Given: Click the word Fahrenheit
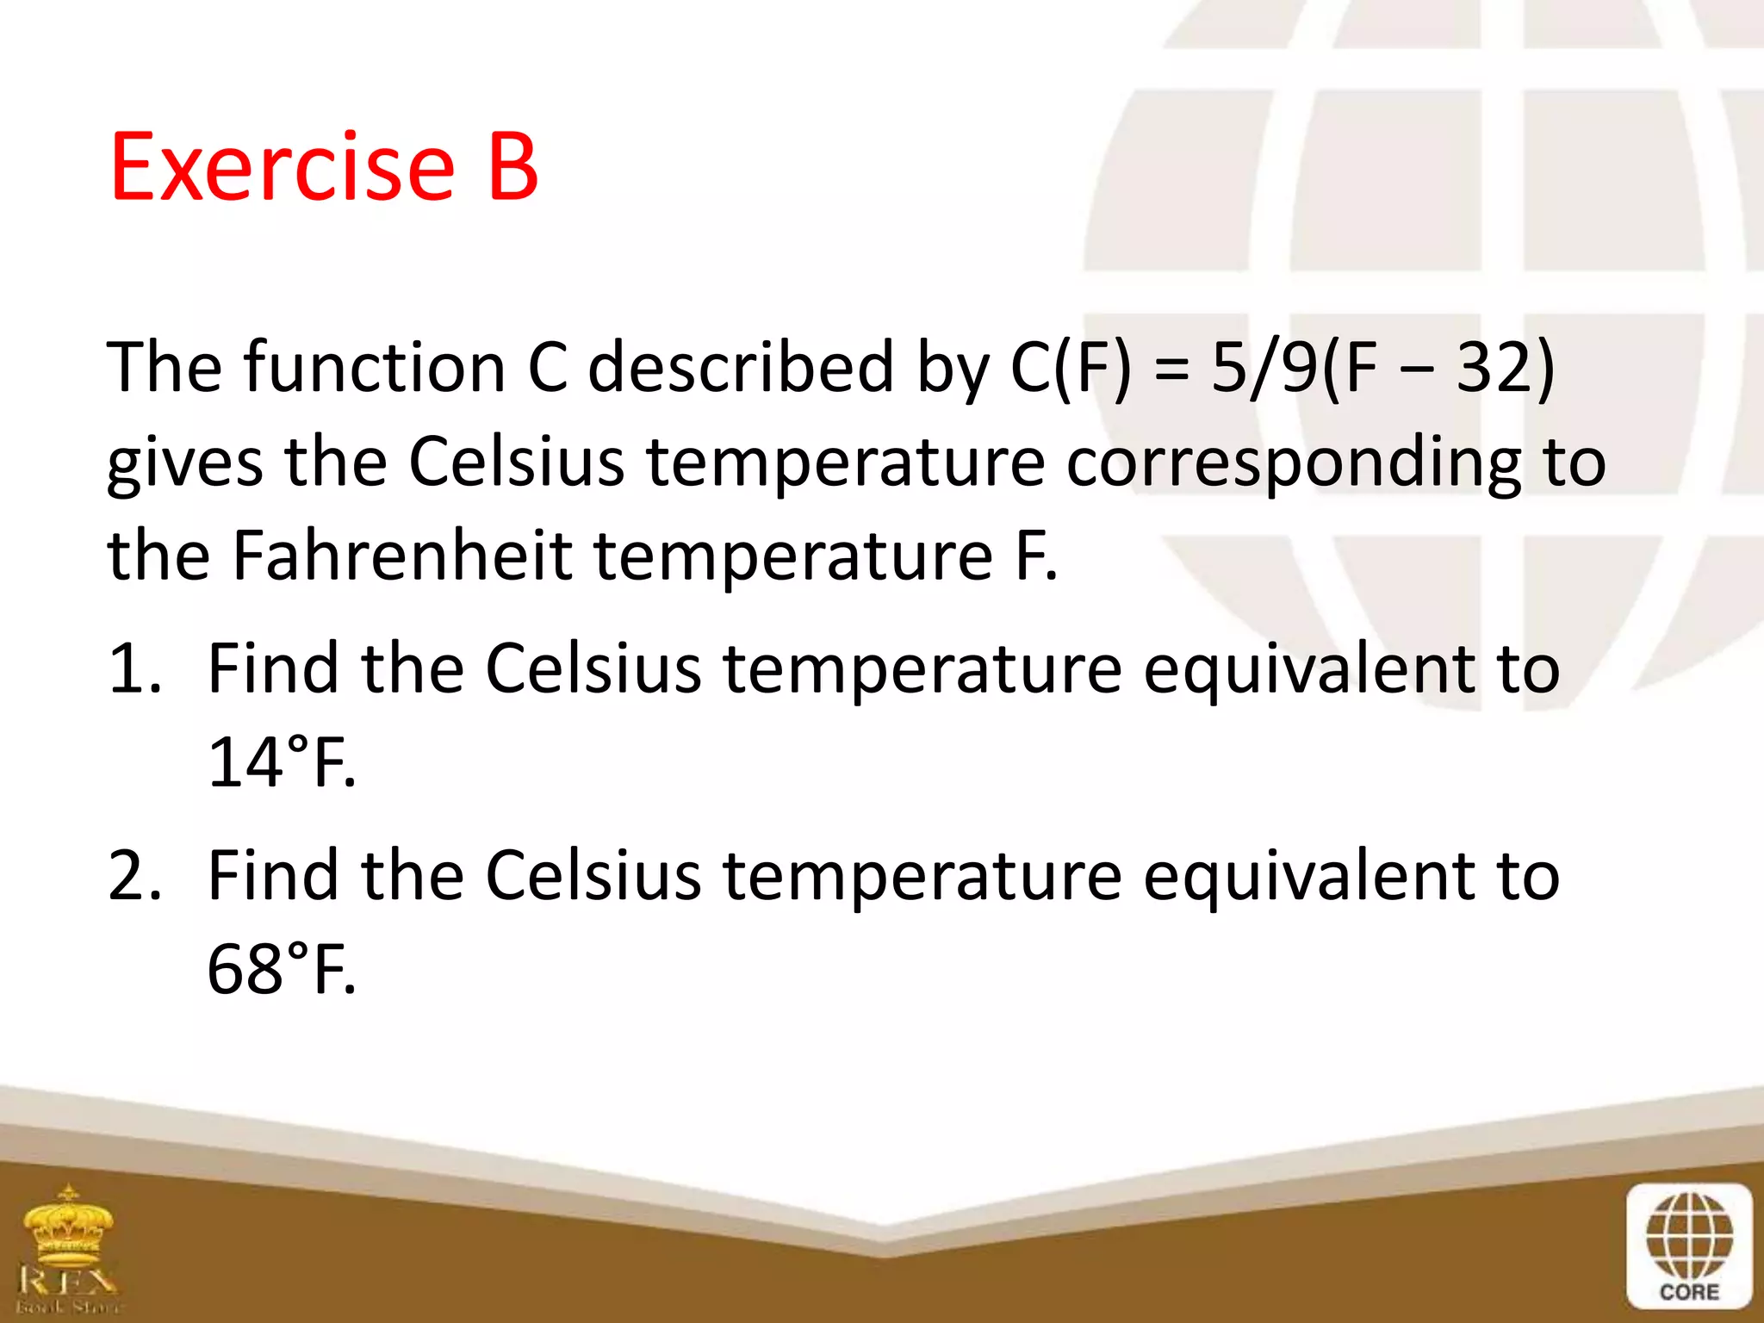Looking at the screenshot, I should point(402,556).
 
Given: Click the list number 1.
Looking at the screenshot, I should point(134,668).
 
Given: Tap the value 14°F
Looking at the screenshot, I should point(281,762).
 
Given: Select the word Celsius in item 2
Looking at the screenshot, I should point(593,876).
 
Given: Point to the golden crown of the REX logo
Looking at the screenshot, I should point(69,1223).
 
